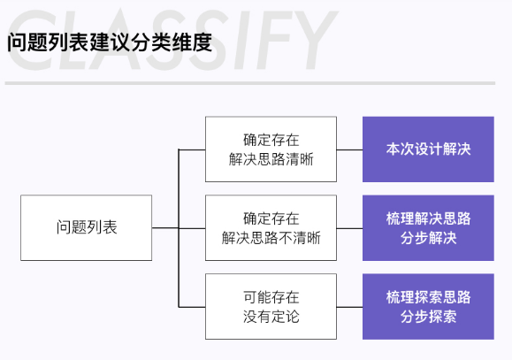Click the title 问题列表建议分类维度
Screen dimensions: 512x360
pos(110,42)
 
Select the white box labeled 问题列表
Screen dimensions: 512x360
pos(86,227)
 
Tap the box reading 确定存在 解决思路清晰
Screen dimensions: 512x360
pos(271,149)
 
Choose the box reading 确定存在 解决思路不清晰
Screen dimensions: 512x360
pos(271,227)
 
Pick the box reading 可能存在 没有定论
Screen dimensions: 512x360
pos(271,306)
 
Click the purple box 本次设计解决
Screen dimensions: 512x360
pos(428,149)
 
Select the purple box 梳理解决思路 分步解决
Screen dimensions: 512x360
pos(428,227)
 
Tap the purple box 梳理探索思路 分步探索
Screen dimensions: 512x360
pos(428,306)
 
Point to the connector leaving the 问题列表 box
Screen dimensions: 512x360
pos(165,227)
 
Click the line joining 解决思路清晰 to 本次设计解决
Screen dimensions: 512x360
pos(349,150)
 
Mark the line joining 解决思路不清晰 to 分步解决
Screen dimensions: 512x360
pos(349,228)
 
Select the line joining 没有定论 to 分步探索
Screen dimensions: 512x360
pos(349,307)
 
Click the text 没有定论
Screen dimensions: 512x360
pos(271,317)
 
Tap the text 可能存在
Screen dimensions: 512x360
pos(271,297)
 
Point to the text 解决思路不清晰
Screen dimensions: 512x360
pos(271,238)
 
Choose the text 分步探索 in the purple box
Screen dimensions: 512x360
pos(428,317)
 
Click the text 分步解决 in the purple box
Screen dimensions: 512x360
pos(428,238)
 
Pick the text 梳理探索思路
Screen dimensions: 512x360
pos(428,297)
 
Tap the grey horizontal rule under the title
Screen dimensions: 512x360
pos(250,83)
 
